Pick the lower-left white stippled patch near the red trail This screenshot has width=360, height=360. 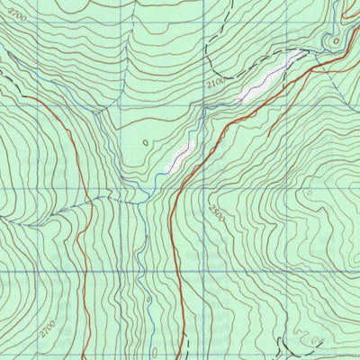click(182, 156)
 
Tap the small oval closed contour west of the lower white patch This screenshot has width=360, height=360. click(145, 141)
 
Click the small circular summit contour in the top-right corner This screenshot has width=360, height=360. click(337, 40)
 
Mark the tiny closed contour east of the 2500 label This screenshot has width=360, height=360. click(309, 192)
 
